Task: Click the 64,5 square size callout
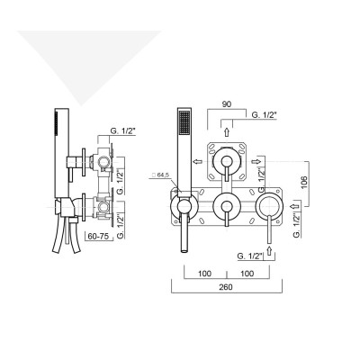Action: click(163, 176)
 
